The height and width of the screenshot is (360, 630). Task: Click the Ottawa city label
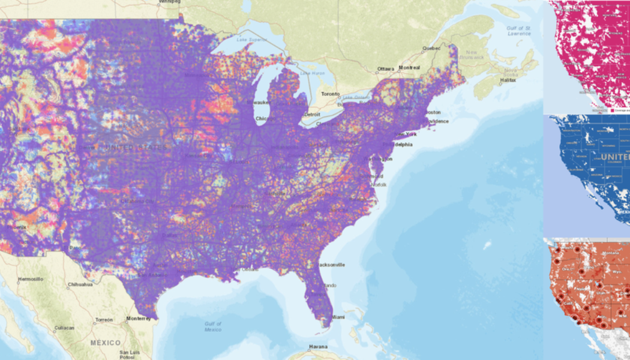tap(386, 69)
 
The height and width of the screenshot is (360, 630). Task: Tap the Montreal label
tap(410, 68)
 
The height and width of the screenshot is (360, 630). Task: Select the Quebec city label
tap(431, 48)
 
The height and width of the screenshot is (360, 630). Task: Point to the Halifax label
tap(508, 80)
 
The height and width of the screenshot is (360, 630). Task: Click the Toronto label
tap(330, 94)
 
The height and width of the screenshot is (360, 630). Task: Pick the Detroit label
tap(312, 114)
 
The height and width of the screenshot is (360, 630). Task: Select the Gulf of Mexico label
tap(212, 326)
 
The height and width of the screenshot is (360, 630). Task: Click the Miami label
tap(339, 317)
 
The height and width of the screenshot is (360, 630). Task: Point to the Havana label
tap(318, 347)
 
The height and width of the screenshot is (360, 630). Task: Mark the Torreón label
tap(103, 320)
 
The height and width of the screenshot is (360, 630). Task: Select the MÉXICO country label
tap(106, 342)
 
